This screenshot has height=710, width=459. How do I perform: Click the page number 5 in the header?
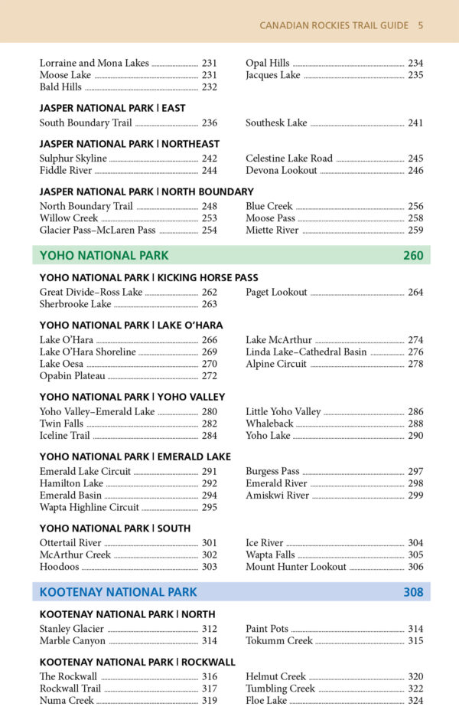[421, 25]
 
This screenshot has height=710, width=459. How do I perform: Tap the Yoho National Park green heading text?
[104, 255]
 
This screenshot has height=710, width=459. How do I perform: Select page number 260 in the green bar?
[413, 255]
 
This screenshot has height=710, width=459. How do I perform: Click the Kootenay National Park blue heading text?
[118, 592]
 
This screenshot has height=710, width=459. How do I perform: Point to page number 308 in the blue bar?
[413, 592]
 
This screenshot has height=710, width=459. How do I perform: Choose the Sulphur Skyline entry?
[73, 159]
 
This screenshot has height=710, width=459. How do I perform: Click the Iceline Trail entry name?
[65, 436]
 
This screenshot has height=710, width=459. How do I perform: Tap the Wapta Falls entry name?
[270, 555]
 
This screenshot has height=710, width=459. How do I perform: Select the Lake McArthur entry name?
[279, 340]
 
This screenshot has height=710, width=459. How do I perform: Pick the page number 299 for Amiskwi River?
[415, 496]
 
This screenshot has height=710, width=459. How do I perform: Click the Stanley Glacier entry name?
[72, 629]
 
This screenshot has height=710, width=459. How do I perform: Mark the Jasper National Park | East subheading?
[112, 109]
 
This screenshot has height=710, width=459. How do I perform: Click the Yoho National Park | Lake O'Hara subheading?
[132, 326]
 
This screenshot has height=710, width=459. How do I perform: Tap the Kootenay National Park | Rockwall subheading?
[138, 662]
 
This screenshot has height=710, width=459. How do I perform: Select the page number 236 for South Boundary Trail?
[210, 123]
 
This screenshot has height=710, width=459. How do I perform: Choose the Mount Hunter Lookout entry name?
[296, 567]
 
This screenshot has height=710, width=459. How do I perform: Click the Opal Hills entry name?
[268, 63]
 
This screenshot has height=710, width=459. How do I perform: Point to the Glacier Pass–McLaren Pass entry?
[97, 230]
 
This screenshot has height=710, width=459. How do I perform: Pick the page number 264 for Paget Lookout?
[415, 292]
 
